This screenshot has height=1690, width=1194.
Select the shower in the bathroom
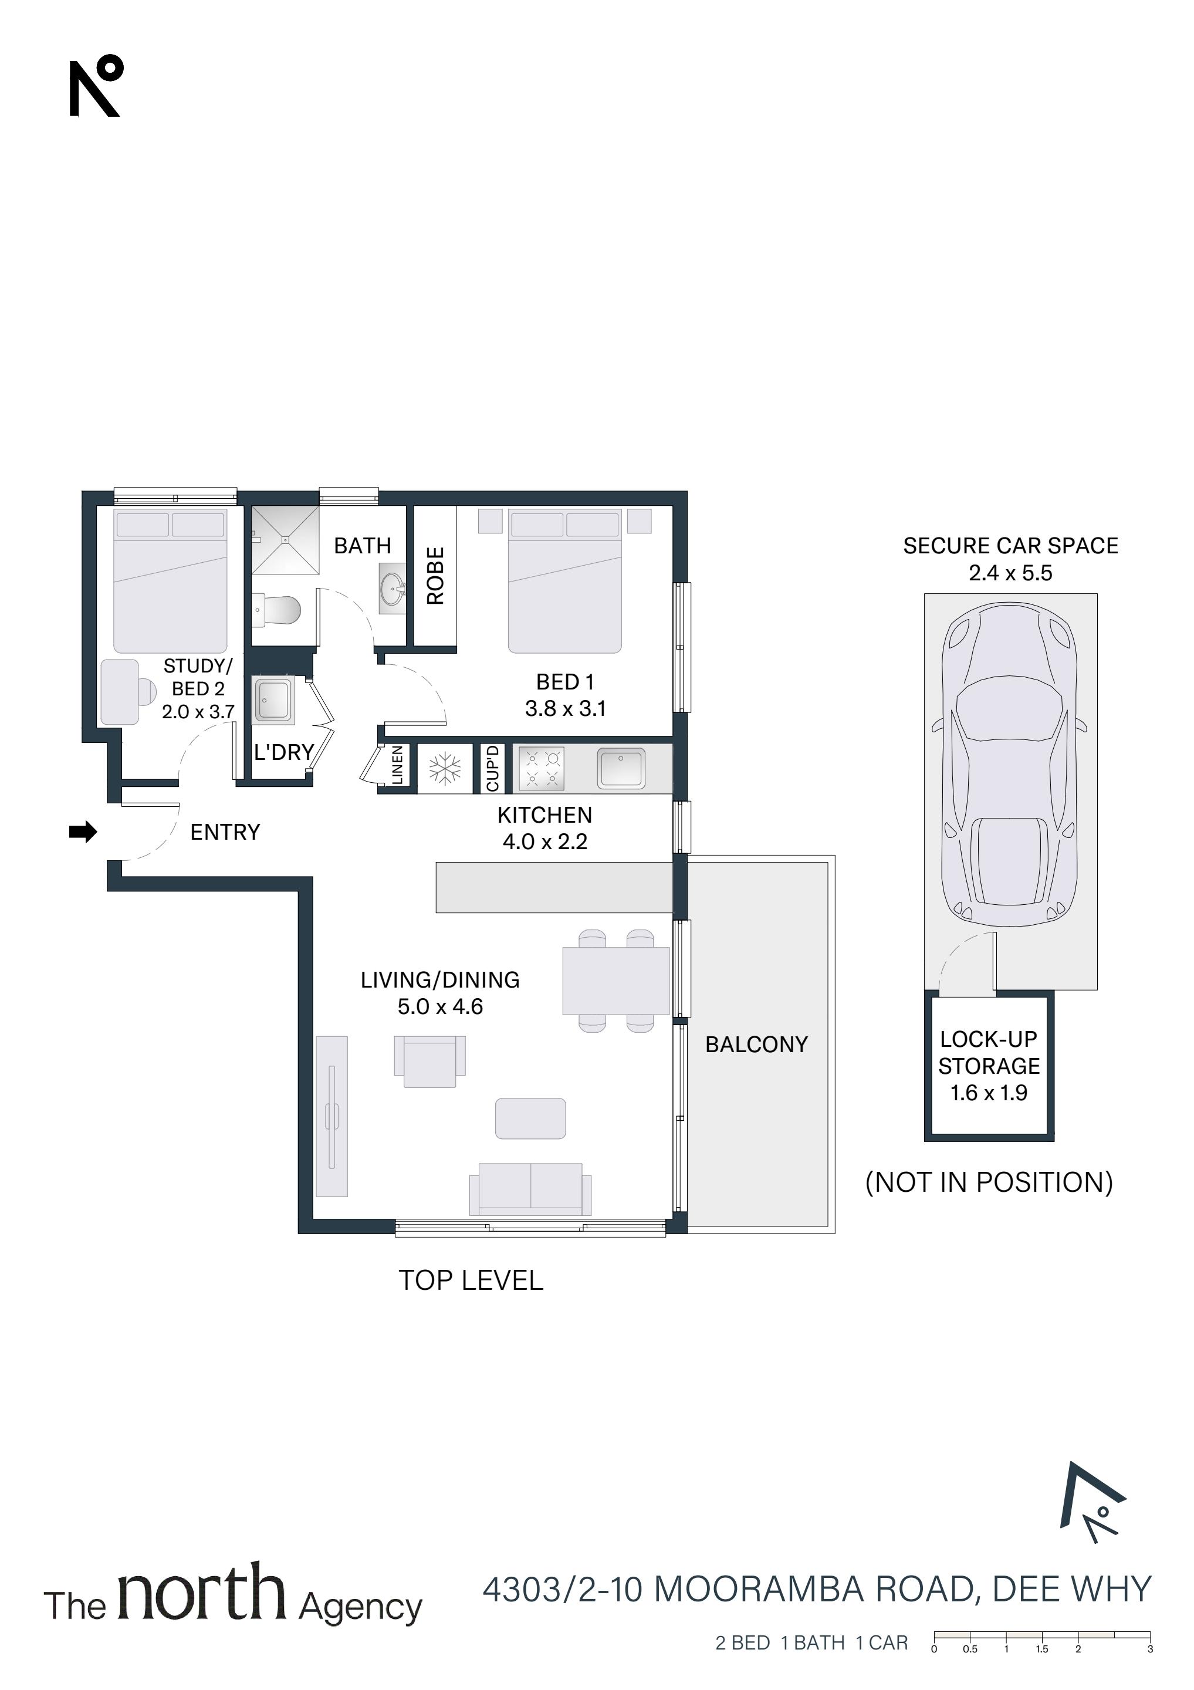coord(286,540)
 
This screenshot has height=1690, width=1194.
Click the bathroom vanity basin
coord(393,588)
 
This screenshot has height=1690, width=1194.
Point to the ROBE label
coord(435,576)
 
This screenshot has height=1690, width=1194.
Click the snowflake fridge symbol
coord(445,769)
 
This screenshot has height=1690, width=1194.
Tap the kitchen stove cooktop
coord(542,769)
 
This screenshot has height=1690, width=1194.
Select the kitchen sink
coord(621,769)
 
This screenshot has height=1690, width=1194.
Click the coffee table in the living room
coord(530,1119)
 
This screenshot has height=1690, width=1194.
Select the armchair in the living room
coord(430,1062)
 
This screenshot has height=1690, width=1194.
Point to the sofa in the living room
coord(530,1189)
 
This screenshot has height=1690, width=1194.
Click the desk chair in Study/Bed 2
coord(147,692)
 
